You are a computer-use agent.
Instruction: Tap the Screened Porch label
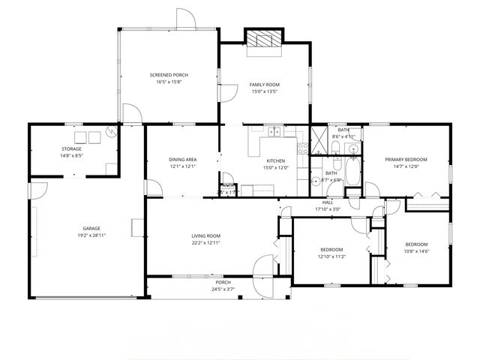point(169,75)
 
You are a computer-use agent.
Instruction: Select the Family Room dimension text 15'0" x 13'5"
point(264,91)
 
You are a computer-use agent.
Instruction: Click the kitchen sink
point(274,133)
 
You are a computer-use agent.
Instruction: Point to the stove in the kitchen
point(302,148)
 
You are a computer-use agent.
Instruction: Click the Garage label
point(91,228)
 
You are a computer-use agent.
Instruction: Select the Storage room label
point(71,148)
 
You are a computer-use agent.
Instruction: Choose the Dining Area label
point(182,159)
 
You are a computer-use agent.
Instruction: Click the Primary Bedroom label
point(406,159)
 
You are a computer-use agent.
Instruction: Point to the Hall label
point(328,202)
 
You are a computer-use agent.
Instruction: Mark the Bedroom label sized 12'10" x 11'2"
point(331,249)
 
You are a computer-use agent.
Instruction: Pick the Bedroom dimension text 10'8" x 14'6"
point(416,250)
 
